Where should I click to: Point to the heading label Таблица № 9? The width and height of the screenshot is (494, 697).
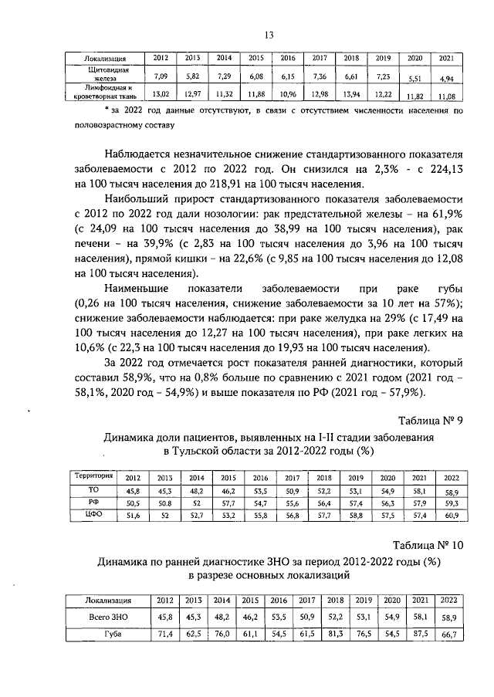(429, 421)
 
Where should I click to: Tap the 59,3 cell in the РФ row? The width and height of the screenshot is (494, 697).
(451, 502)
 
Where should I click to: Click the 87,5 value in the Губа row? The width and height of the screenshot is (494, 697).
(421, 634)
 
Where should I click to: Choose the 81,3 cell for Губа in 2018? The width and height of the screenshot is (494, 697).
(335, 634)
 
